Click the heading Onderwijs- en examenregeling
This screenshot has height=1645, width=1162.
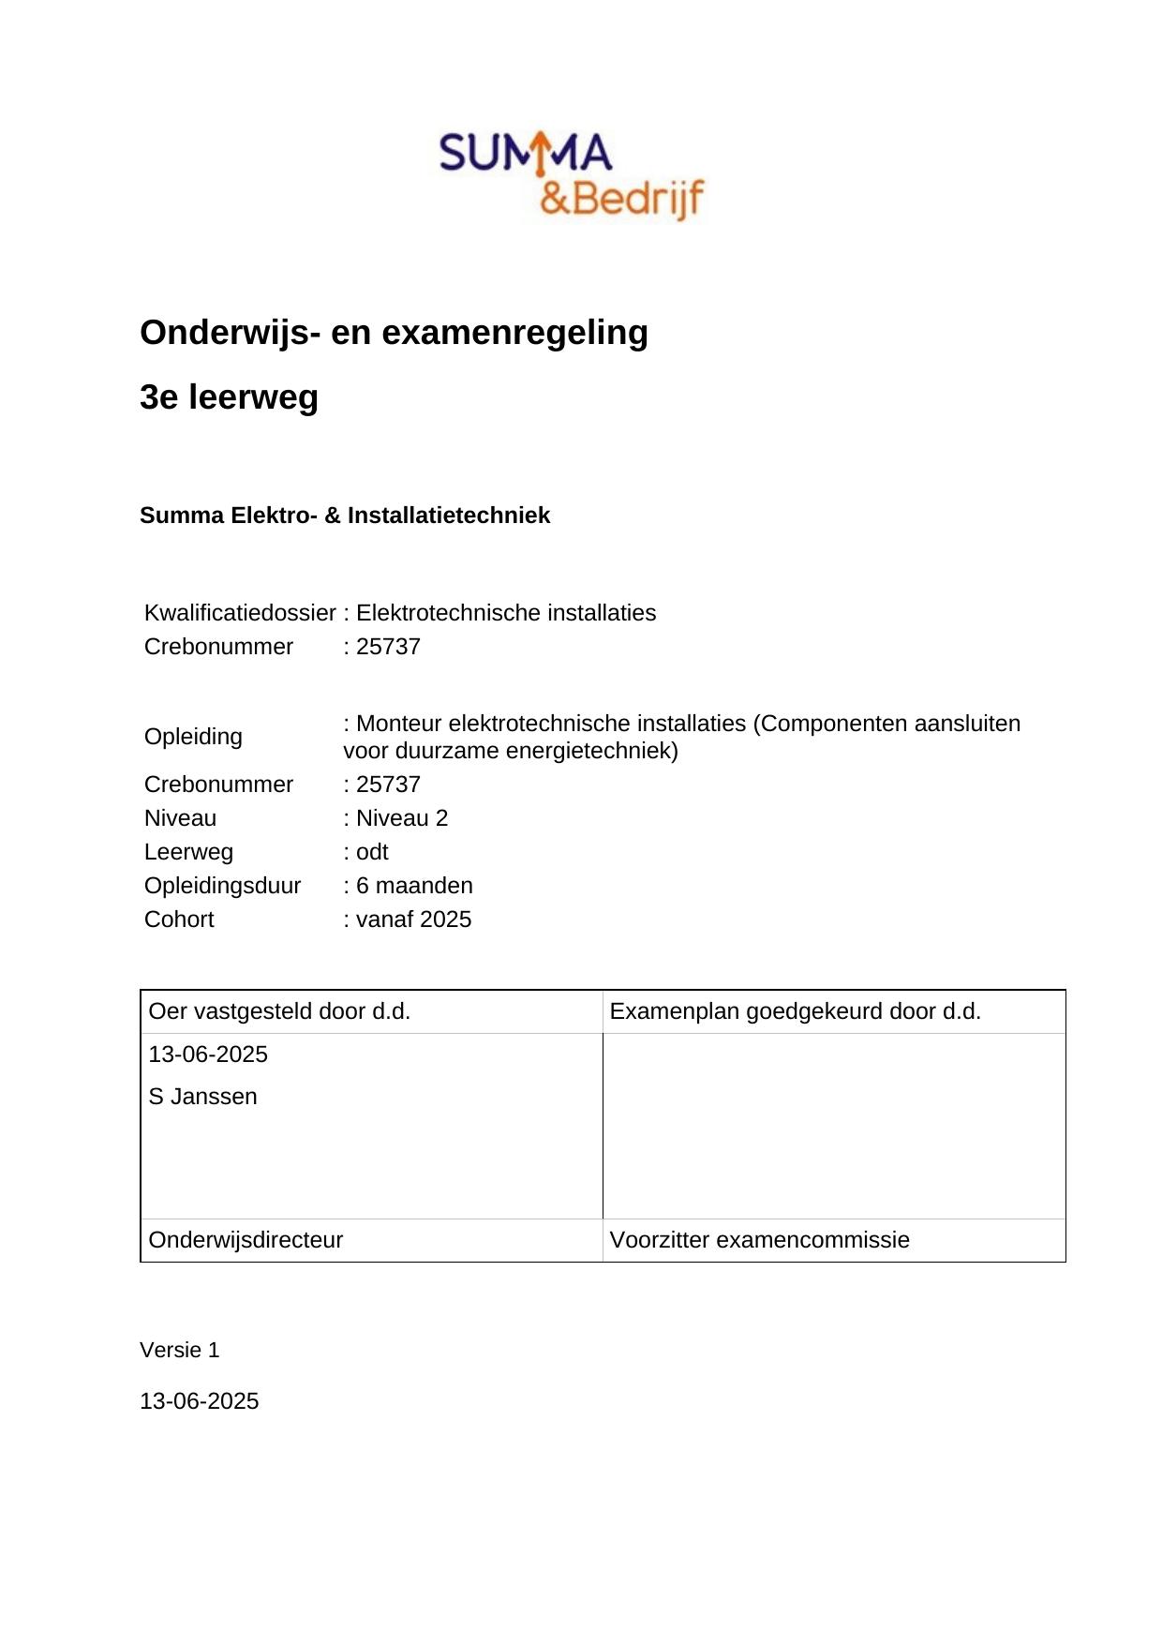click(394, 333)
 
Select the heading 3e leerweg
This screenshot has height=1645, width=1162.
click(229, 397)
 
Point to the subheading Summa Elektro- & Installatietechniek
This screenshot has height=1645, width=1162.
click(345, 516)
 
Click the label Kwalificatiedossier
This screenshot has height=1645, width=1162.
click(239, 613)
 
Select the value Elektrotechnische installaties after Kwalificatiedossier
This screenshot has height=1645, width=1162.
click(506, 613)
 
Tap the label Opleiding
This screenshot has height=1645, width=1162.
click(193, 737)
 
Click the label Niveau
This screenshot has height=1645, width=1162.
click(180, 818)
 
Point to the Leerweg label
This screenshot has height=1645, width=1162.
click(188, 852)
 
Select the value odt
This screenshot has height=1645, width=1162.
click(371, 852)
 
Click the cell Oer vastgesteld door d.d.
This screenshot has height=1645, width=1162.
click(279, 1011)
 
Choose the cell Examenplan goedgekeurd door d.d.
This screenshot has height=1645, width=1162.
click(795, 1011)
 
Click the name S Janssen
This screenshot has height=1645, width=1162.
click(202, 1097)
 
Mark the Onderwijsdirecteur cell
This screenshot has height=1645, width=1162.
click(246, 1240)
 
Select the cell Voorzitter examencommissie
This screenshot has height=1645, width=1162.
click(759, 1240)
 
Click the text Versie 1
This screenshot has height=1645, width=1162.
click(179, 1350)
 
